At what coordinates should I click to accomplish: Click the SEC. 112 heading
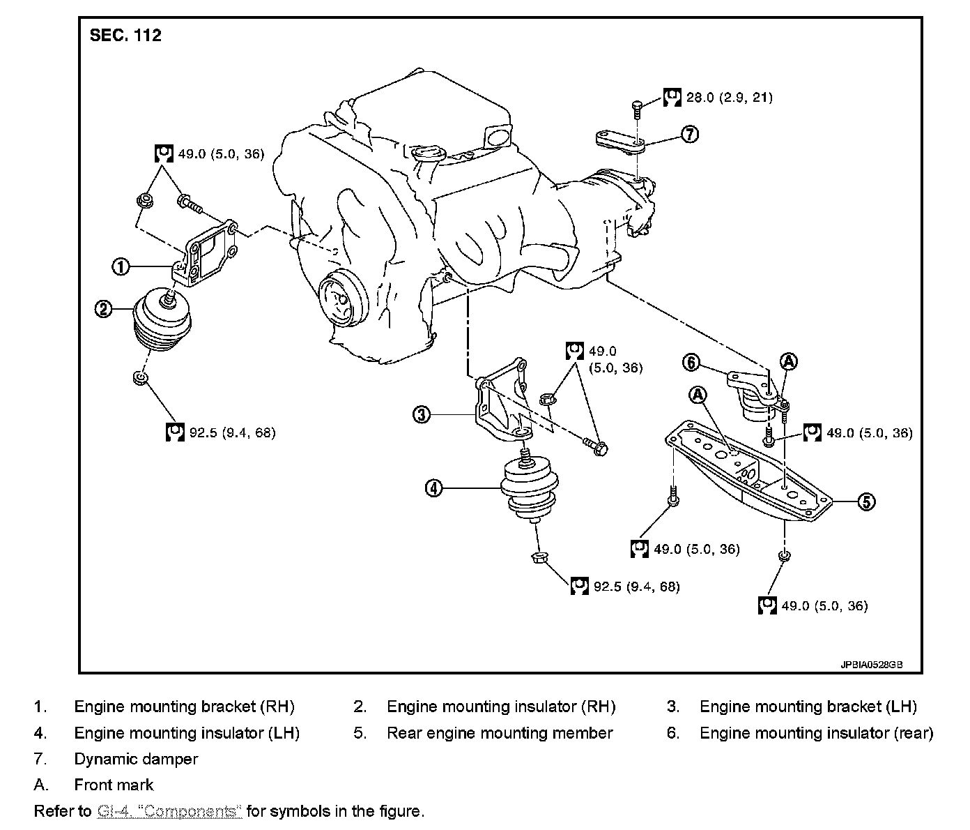[126, 36]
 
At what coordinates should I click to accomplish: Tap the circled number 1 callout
[121, 266]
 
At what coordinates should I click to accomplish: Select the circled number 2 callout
[104, 308]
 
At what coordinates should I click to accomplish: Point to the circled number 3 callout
[421, 415]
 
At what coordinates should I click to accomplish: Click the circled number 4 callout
[433, 488]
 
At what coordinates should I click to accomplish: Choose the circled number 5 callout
[865, 501]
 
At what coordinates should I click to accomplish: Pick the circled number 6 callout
[691, 362]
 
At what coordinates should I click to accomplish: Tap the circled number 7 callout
[689, 134]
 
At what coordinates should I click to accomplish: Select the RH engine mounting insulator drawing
[162, 322]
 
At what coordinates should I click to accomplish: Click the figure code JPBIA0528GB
[871, 665]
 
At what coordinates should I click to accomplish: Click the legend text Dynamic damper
[136, 759]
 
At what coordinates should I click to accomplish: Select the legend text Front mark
[114, 785]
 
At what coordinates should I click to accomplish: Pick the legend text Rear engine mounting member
[500, 733]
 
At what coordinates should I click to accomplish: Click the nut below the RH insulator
[139, 378]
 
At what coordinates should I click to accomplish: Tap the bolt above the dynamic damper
[637, 107]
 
